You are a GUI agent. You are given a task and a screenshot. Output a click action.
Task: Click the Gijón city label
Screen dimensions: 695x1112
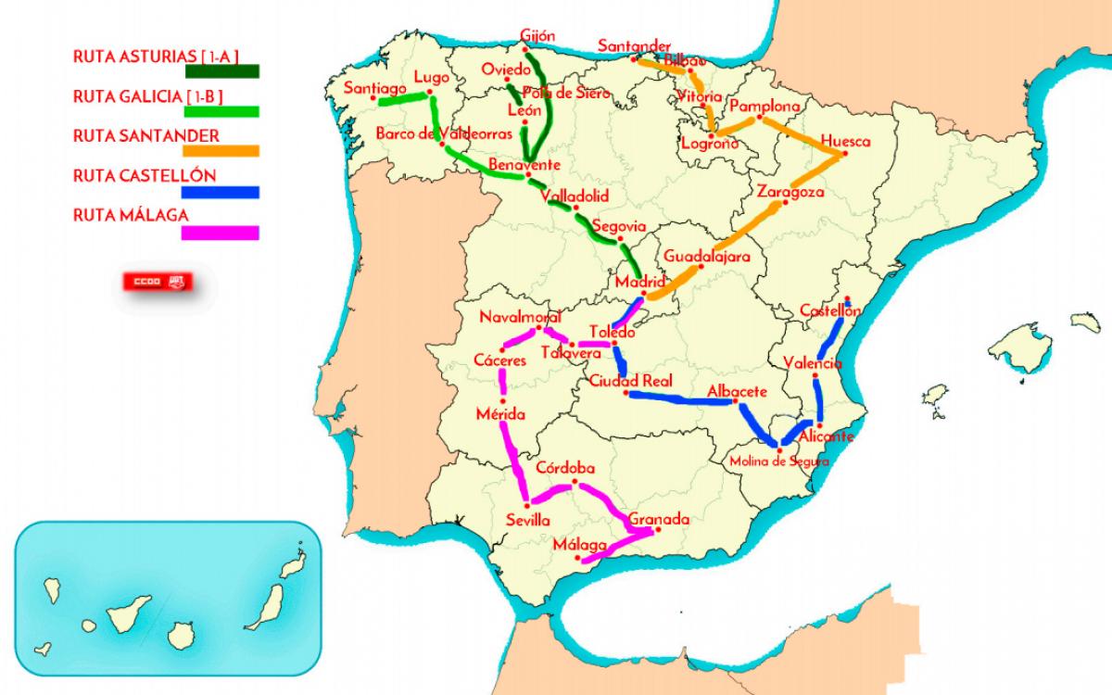tap(537, 36)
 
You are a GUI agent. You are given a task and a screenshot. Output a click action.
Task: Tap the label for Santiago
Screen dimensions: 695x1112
tap(375, 88)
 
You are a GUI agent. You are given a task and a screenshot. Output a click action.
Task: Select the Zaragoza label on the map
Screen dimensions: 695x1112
tap(790, 193)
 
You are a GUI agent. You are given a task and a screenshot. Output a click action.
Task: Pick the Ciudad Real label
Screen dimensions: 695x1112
tap(630, 381)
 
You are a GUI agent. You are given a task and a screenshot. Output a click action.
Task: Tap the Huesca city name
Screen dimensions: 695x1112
tap(845, 142)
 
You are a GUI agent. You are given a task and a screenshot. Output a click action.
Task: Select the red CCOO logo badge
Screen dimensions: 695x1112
tap(158, 281)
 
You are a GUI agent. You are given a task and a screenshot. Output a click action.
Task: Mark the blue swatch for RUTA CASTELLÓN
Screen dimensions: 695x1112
tap(221, 192)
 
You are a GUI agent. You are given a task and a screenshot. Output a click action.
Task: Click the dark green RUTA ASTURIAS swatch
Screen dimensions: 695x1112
tap(221, 70)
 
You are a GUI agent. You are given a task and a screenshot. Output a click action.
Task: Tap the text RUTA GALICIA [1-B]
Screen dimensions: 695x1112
tap(148, 96)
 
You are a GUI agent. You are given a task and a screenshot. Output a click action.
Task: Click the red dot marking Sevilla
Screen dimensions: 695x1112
tap(529, 503)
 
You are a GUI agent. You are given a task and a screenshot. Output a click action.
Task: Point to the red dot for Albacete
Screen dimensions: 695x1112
tap(737, 402)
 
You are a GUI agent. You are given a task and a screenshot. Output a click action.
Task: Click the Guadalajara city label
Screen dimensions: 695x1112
tap(706, 257)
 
